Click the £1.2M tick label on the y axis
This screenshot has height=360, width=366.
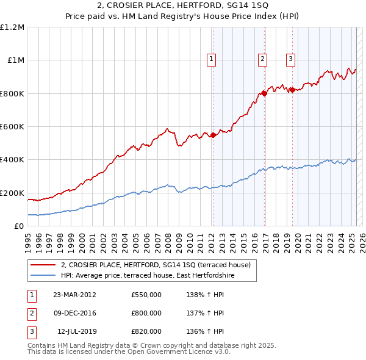(x=12, y=27)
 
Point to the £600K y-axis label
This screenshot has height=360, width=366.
(x=12, y=126)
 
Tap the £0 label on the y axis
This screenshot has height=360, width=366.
(x=19, y=226)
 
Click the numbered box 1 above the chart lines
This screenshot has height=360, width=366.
(x=211, y=59)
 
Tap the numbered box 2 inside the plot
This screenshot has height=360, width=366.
(x=262, y=59)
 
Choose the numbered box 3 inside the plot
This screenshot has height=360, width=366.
(x=290, y=59)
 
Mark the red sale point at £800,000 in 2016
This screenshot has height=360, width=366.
(x=264, y=93)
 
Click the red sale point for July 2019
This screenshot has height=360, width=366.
(x=292, y=90)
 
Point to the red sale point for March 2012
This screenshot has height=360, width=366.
(x=213, y=135)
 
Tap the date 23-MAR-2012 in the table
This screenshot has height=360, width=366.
(x=75, y=295)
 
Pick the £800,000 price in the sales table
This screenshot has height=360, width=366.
(x=146, y=313)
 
